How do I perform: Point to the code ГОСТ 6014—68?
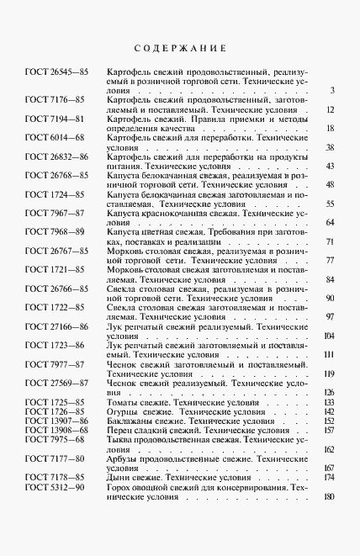point(55,137)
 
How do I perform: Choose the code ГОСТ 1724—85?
point(55,193)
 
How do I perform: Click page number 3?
point(333,91)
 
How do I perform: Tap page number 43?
point(331,166)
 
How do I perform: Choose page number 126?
point(329,392)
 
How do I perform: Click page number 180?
point(329,496)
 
